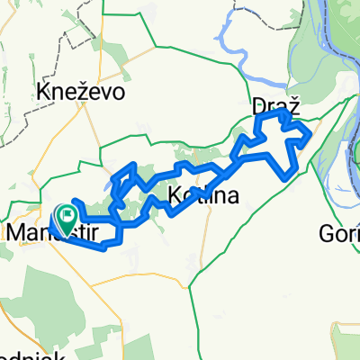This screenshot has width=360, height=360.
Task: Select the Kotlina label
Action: point(202,197)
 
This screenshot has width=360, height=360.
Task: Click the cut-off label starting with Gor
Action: point(338,234)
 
